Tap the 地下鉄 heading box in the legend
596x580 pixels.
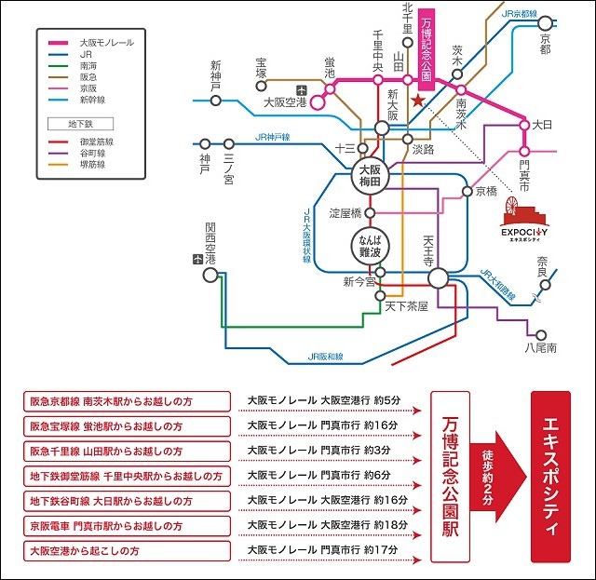tap(79, 123)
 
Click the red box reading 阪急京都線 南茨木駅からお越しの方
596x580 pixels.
tap(127, 401)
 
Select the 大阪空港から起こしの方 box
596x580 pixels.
tap(127, 550)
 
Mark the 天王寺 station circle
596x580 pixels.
tap(439, 277)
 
